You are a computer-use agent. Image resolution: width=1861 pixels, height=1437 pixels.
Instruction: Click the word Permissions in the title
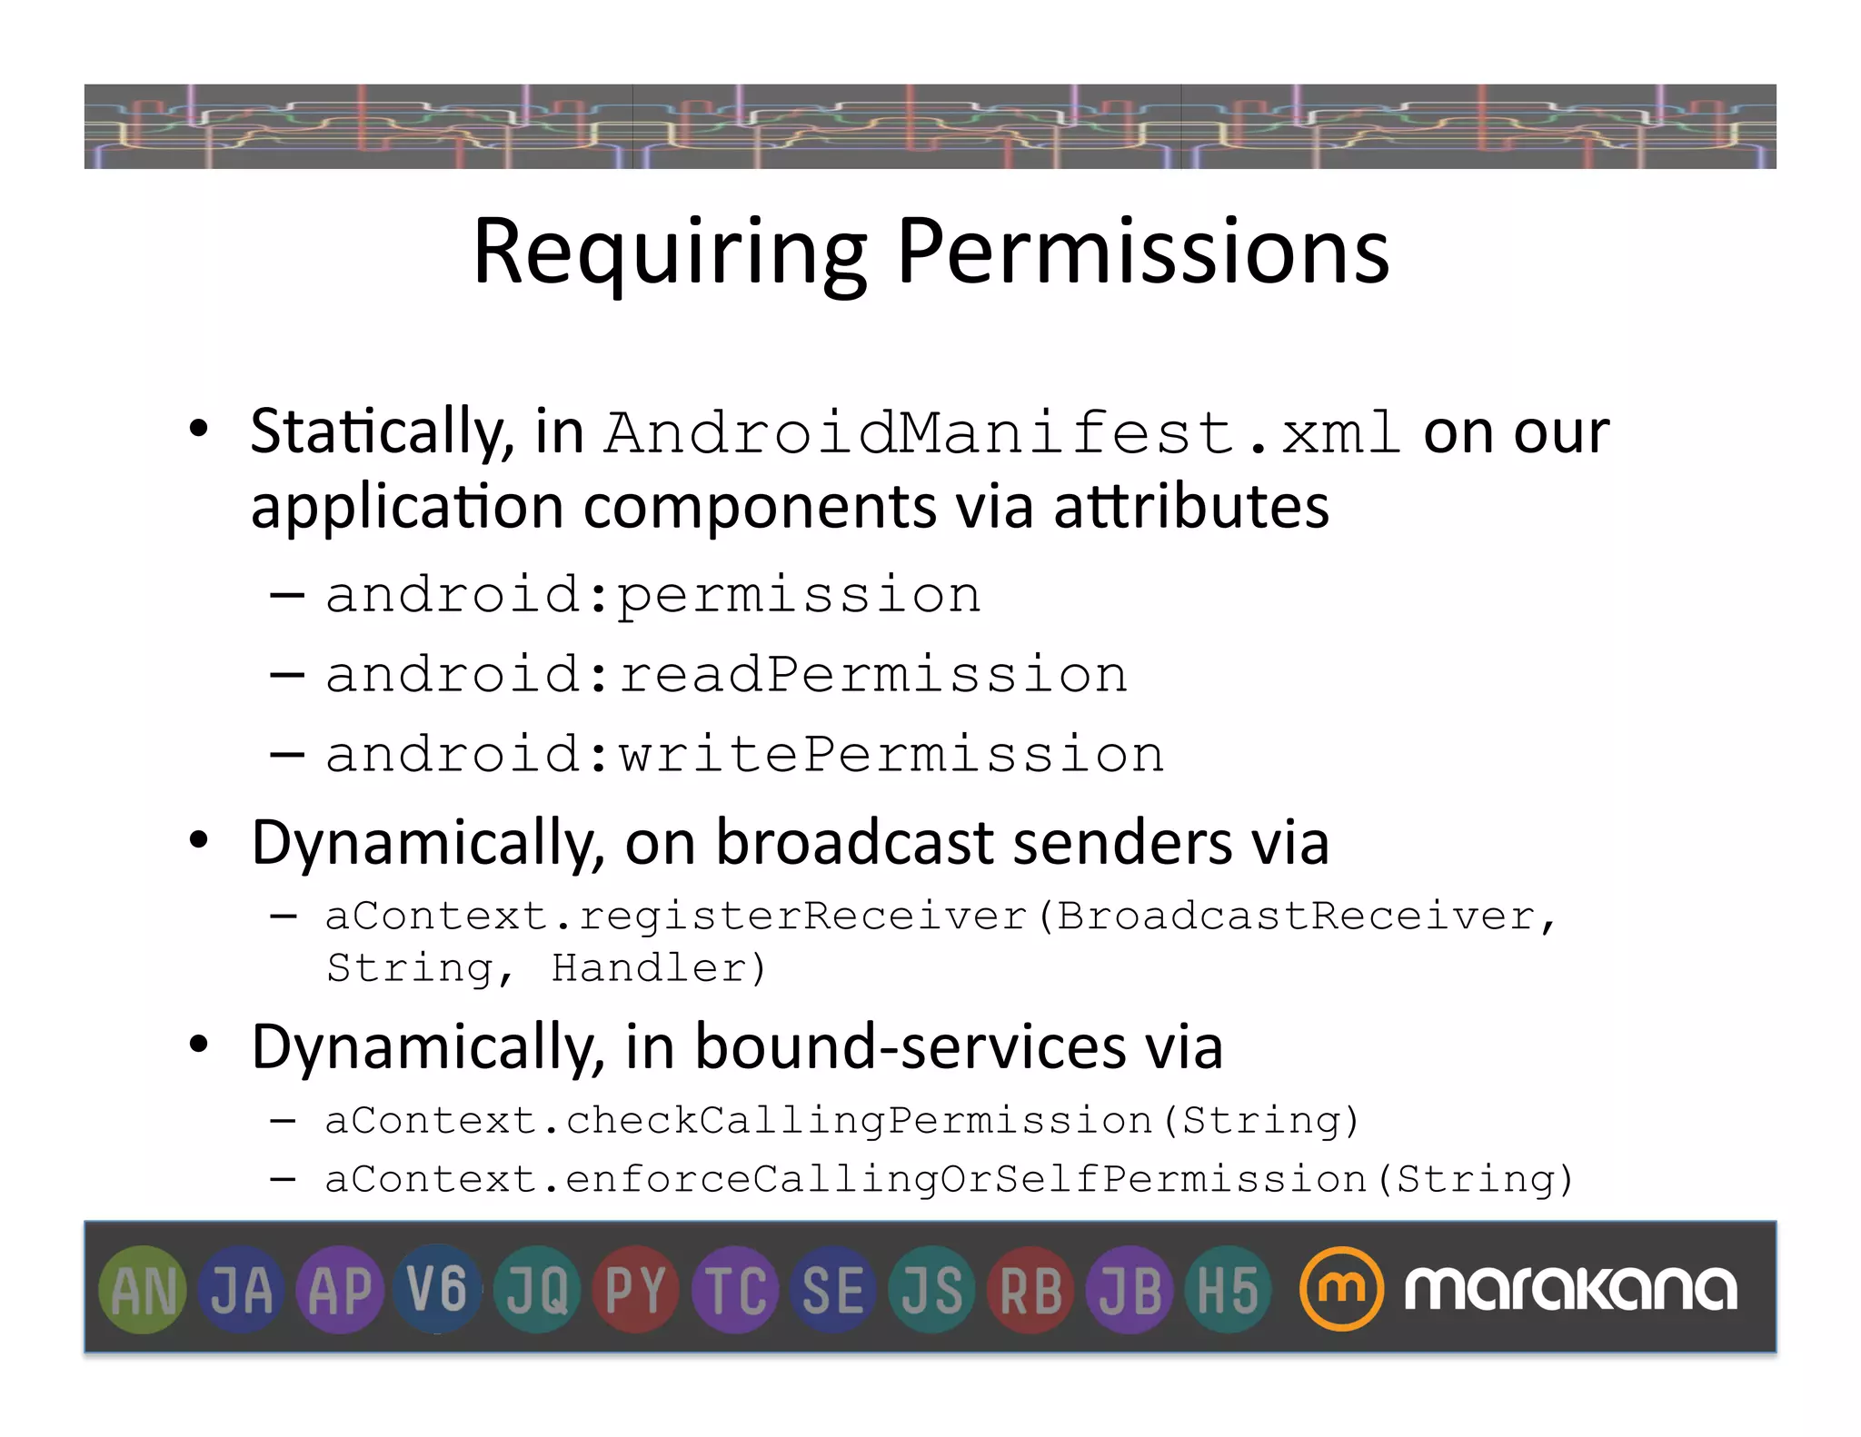1142,252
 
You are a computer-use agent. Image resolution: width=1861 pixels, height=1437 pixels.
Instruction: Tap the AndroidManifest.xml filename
1002,432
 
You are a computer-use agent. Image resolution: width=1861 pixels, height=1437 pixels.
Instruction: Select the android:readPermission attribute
726,675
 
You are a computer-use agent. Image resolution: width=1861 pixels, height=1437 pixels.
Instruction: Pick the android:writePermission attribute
744,755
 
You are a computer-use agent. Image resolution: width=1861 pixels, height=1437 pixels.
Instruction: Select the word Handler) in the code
659,968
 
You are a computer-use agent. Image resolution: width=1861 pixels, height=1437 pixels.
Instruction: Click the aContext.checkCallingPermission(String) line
841,1121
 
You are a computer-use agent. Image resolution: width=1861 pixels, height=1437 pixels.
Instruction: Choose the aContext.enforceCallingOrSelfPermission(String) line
948,1180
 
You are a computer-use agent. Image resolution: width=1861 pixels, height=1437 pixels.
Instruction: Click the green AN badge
143,1290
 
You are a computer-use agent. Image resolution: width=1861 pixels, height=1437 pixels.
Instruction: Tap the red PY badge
635,1290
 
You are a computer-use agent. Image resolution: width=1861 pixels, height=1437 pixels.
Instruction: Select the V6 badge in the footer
438,1290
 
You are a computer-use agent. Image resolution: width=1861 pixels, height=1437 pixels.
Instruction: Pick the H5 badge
1228,1290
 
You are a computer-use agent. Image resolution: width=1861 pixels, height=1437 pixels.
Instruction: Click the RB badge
1030,1290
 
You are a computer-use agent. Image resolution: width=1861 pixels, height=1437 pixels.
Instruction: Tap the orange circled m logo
1341,1289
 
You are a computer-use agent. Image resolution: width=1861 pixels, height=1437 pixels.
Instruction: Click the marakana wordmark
1570,1289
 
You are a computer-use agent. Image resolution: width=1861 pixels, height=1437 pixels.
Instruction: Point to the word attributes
1191,507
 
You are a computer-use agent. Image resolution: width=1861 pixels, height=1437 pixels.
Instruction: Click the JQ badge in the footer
537,1290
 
